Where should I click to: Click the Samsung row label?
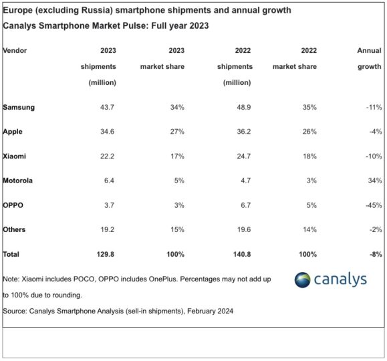click(19, 108)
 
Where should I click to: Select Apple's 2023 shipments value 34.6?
click(108, 132)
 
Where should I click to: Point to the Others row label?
click(14, 229)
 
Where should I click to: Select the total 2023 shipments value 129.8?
click(106, 254)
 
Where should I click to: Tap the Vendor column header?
click(15, 50)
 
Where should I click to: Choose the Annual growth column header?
click(370, 58)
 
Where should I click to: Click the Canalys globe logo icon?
click(303, 279)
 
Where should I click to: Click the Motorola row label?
click(18, 180)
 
